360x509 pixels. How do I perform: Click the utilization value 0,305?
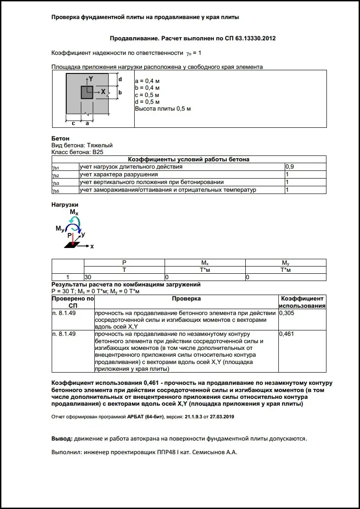tap(287, 313)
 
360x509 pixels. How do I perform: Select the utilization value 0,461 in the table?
tap(287, 334)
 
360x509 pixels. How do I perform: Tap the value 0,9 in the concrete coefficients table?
tap(289, 167)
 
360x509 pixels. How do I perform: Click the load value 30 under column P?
tap(88, 277)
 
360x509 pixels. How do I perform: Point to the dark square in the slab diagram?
tap(87, 92)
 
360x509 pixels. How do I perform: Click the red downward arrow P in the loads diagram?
tap(73, 239)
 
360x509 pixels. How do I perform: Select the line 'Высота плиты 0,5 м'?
tap(163, 109)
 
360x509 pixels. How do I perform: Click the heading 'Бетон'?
tap(60, 138)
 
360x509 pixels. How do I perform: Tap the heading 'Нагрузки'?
tap(65, 205)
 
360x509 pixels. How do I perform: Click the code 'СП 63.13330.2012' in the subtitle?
tap(250, 39)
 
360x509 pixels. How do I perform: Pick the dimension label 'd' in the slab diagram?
tap(120, 79)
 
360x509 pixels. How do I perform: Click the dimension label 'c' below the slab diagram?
tap(73, 123)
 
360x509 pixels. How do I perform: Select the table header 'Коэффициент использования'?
tap(302, 302)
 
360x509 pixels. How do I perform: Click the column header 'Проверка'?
tap(186, 299)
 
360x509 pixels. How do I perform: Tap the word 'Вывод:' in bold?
tap(61, 439)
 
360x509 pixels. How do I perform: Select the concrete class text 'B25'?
tap(98, 152)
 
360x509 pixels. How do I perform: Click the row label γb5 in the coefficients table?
tap(56, 190)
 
